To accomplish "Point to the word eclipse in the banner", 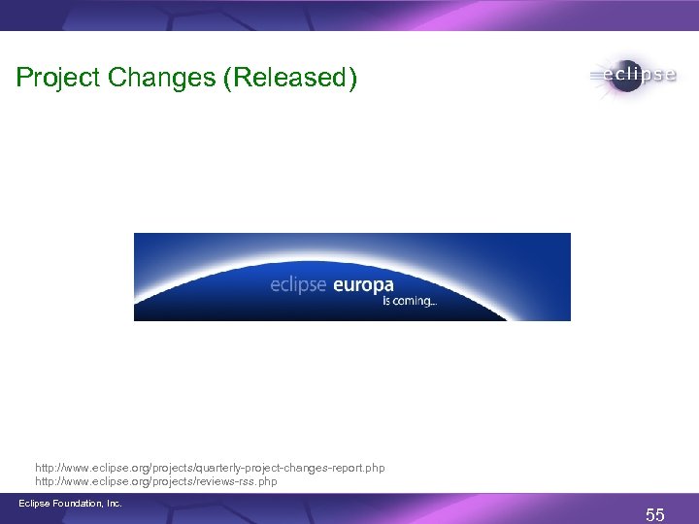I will [x=299, y=285].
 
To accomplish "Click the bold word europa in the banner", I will [x=363, y=285].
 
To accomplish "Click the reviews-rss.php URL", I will [x=156, y=481].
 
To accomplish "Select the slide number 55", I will [x=655, y=515].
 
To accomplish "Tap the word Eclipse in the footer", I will [x=35, y=503].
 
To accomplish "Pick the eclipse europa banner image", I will [x=351, y=277].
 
